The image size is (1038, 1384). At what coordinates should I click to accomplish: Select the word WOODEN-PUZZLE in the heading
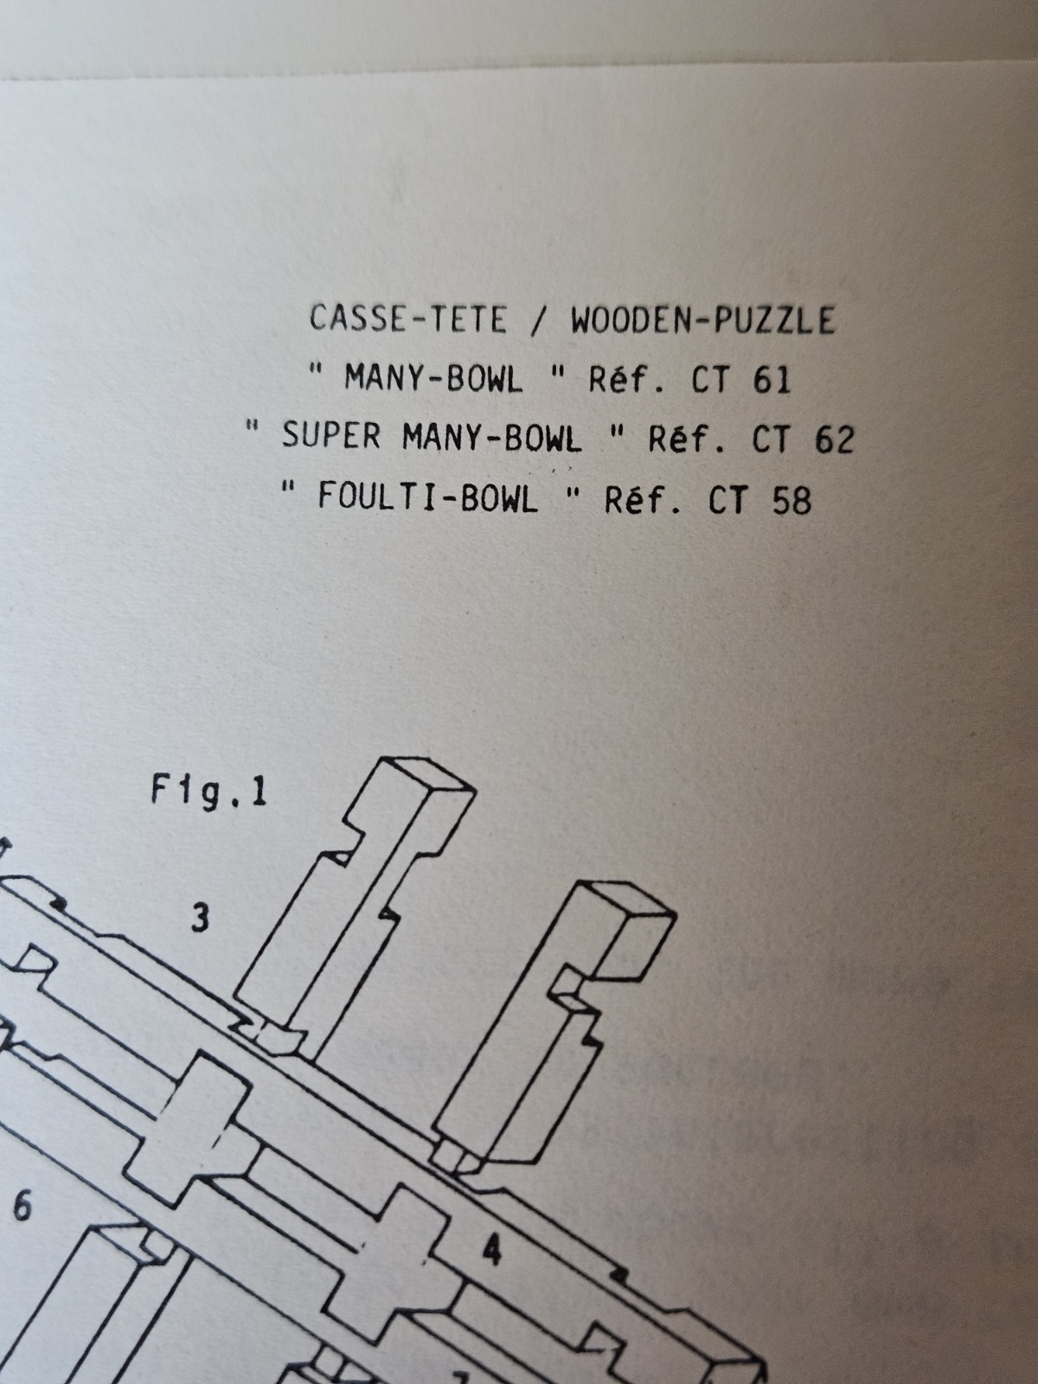coord(702,321)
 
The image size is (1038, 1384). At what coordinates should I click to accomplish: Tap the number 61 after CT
coord(772,380)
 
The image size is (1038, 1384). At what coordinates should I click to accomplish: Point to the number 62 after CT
coord(833,440)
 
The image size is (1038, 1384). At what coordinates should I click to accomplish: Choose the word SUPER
coord(330,437)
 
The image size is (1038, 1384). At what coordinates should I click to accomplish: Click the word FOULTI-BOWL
coord(427,498)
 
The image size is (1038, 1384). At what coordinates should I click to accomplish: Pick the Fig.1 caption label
coord(208,792)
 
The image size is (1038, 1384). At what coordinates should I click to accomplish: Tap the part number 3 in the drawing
coord(200,918)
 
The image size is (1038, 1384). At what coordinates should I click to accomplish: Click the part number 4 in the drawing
coord(491,1250)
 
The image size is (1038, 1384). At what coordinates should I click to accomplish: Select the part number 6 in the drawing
coord(22,1206)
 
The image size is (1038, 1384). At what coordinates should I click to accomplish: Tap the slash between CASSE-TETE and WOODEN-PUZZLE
coord(538,321)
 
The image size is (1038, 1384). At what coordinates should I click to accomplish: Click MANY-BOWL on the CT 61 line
coord(433,379)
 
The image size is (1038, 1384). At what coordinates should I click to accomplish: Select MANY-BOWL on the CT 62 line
coord(491,439)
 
